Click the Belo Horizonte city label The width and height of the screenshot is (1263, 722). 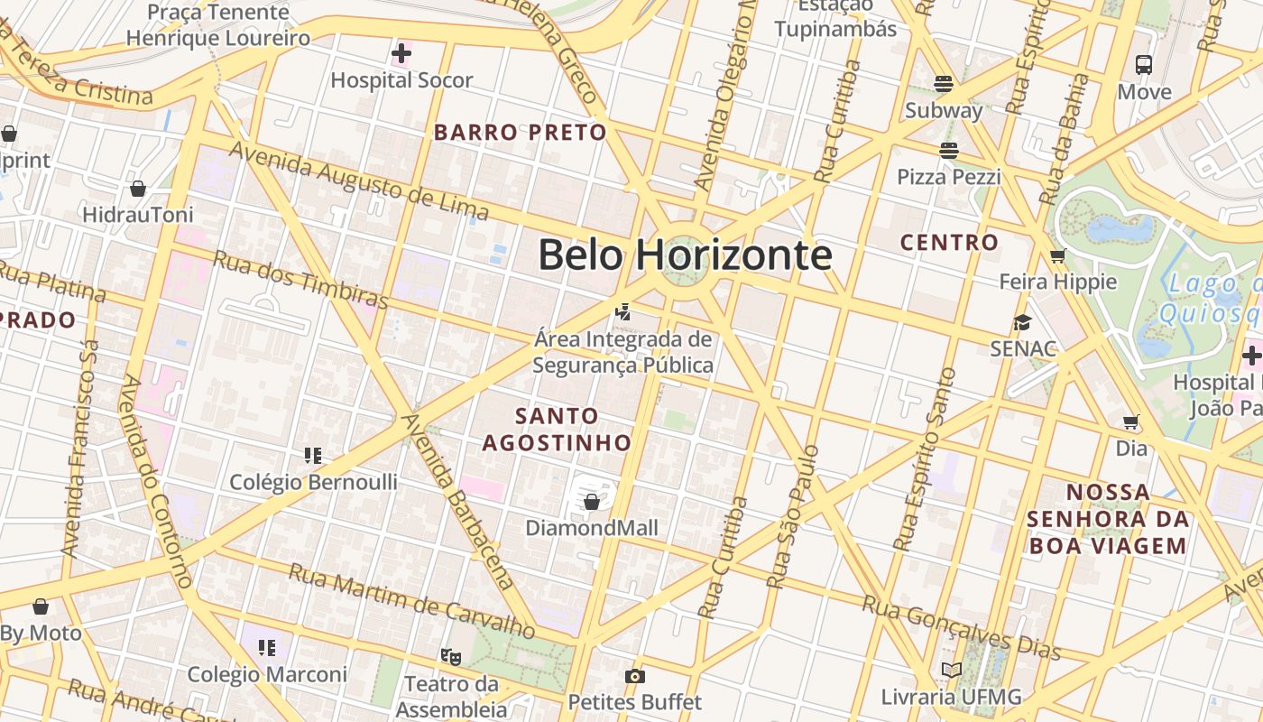[x=685, y=255]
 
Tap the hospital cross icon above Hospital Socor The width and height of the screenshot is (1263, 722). [x=401, y=54]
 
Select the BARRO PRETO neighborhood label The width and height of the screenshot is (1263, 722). [x=521, y=133]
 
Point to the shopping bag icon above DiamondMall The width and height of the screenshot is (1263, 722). [x=592, y=501]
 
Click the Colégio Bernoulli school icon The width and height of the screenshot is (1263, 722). [x=313, y=456]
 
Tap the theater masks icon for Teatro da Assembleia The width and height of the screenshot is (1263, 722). [x=450, y=656]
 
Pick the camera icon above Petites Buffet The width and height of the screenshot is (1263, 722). [x=634, y=676]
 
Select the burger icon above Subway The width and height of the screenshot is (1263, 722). [x=944, y=84]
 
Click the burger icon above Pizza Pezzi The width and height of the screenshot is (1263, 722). [x=948, y=150]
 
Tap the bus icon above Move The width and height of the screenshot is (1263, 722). [x=1144, y=65]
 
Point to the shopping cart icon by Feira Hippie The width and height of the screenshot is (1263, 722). [x=1057, y=255]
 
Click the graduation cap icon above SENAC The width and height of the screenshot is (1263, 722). [x=1022, y=322]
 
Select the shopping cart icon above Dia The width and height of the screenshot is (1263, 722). [x=1131, y=421]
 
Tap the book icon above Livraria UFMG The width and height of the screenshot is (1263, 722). [x=951, y=670]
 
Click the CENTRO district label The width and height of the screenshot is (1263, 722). [x=949, y=243]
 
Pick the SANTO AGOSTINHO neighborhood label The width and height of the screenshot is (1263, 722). [x=557, y=429]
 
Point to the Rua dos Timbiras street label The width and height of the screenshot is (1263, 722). [x=300, y=279]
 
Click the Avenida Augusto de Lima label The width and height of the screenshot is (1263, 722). [x=358, y=180]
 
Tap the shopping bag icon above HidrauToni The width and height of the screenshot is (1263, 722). [x=138, y=189]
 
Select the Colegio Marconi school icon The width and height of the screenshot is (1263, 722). [x=266, y=647]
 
